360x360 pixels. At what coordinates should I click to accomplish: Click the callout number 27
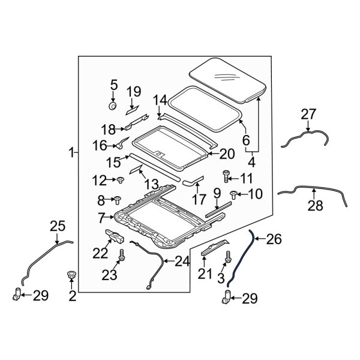pos(308,115)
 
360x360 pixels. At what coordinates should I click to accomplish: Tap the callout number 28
pos(315,206)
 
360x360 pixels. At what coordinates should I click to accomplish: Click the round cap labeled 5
pos(112,106)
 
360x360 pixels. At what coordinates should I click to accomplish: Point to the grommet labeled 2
pos(71,276)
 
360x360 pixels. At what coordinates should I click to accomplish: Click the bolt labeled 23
pos(122,255)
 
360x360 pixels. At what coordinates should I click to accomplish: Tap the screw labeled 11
pos(226,176)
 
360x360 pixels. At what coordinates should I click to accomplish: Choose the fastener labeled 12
pos(120,179)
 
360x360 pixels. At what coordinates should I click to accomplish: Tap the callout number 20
pos(226,154)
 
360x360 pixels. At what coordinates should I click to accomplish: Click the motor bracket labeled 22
pos(115,235)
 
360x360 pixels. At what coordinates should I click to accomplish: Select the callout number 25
pos(57,227)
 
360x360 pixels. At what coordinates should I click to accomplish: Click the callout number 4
pos(251,161)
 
